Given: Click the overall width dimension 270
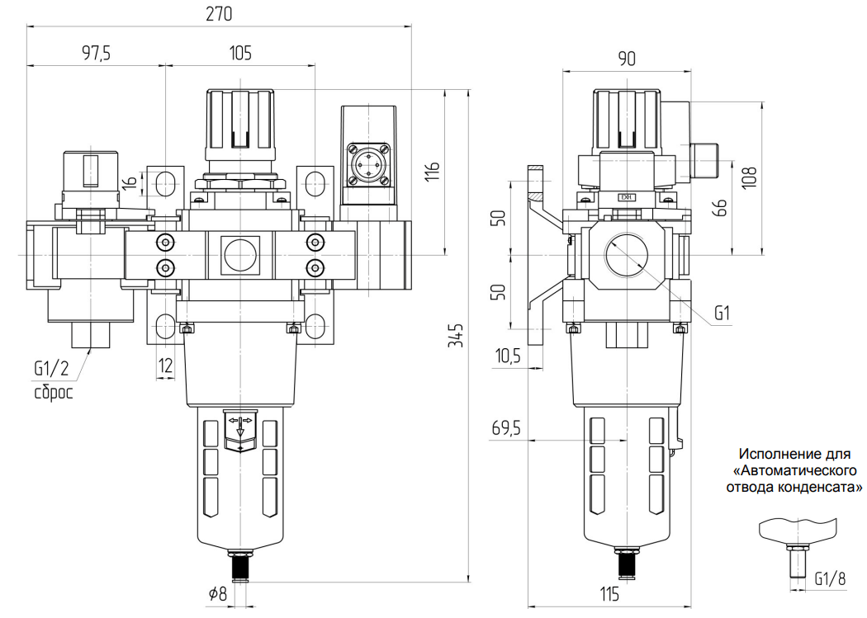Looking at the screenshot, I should pyautogui.click(x=220, y=14).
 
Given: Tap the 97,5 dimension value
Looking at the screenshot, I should pyautogui.click(x=97, y=54).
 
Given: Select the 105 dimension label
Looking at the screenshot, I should pyautogui.click(x=240, y=54).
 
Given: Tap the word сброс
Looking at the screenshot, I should pyautogui.click(x=54, y=392).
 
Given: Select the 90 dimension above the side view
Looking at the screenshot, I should pyautogui.click(x=627, y=58).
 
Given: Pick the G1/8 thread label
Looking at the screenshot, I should pyautogui.click(x=830, y=578).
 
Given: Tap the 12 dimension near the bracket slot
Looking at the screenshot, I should pyautogui.click(x=166, y=366).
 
